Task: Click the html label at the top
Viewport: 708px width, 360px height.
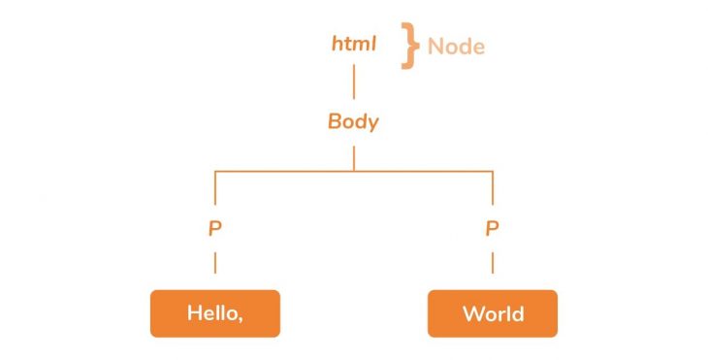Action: click(x=353, y=45)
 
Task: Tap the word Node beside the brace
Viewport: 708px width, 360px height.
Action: click(x=456, y=46)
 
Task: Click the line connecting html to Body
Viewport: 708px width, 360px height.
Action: click(x=353, y=82)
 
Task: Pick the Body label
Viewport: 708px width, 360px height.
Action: click(x=353, y=122)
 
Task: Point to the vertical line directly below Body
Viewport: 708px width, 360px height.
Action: click(x=353, y=157)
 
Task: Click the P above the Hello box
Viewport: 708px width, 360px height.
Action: click(x=215, y=230)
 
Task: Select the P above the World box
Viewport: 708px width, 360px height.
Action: click(x=492, y=230)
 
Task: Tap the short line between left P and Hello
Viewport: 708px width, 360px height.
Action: click(x=215, y=262)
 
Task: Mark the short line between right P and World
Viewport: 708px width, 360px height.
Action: click(x=492, y=262)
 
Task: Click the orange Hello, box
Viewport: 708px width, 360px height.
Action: click(x=215, y=313)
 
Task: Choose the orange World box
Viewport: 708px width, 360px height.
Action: click(x=492, y=313)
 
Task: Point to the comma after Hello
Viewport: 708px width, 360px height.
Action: click(x=241, y=319)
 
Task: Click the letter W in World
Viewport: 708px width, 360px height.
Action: click(x=472, y=313)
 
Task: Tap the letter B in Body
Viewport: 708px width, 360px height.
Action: click(x=335, y=122)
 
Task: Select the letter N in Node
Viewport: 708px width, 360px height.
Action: click(x=435, y=46)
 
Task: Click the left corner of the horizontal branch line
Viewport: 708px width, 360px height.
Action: click(x=215, y=172)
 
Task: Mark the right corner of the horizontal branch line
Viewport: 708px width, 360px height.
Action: click(x=492, y=172)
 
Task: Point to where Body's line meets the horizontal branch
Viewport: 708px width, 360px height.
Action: click(x=353, y=171)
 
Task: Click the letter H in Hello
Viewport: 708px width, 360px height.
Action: click(x=193, y=313)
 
